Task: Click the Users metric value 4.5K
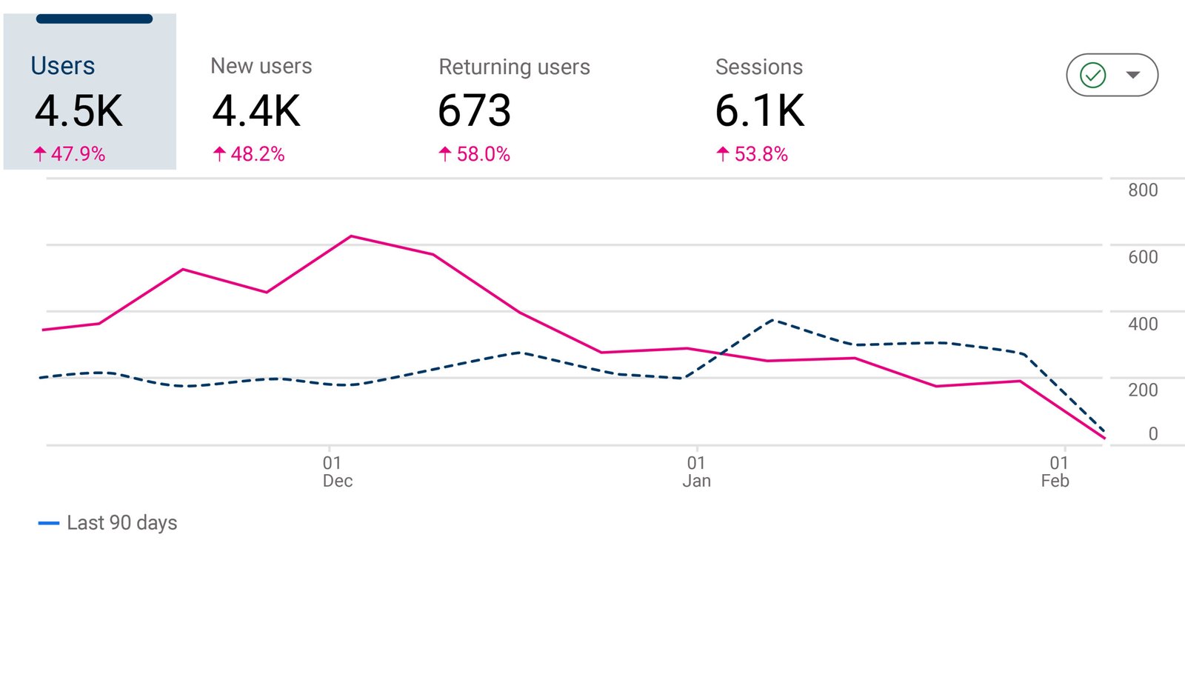tap(79, 112)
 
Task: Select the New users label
tap(261, 66)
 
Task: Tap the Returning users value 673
tap(474, 111)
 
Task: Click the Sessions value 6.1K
tap(759, 111)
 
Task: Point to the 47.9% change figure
tap(70, 154)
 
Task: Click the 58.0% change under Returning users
tap(475, 154)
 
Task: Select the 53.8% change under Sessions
tap(752, 154)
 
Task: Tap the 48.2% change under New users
tap(249, 154)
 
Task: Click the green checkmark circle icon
tap(1092, 75)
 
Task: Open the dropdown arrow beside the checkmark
tap(1132, 75)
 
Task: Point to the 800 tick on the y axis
tap(1142, 190)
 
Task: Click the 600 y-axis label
tap(1142, 257)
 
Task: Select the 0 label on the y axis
tap(1152, 434)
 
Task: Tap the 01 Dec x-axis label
tap(336, 472)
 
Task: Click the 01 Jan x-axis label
tap(696, 472)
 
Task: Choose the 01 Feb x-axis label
tap(1055, 472)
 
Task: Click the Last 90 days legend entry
tap(108, 523)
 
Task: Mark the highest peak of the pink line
tap(351, 236)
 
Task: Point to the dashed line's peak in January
tap(773, 320)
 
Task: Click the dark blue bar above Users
tap(94, 19)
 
